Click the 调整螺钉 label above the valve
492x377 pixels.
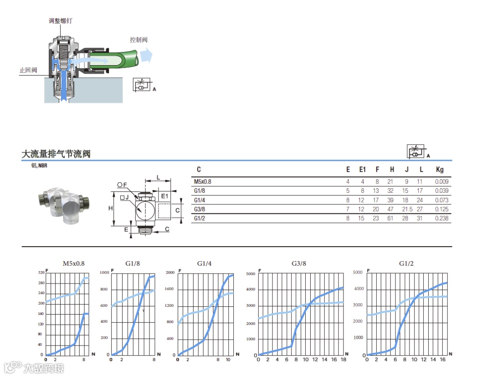click(61, 21)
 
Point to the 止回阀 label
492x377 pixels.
click(28, 71)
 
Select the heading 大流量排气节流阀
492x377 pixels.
click(56, 154)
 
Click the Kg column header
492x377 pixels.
click(440, 170)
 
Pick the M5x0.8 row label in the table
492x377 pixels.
click(203, 182)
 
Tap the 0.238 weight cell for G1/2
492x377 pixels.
click(441, 218)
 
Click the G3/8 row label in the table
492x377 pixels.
click(200, 209)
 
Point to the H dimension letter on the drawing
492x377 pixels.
click(111, 208)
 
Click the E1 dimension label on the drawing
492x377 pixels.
click(164, 196)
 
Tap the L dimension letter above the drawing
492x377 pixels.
click(158, 176)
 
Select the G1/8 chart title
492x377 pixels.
click(133, 263)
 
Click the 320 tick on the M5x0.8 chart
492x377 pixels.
click(41, 273)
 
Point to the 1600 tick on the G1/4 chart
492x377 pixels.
click(169, 289)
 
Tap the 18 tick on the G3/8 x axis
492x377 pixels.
click(343, 360)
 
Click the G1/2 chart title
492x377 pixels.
click(406, 263)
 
